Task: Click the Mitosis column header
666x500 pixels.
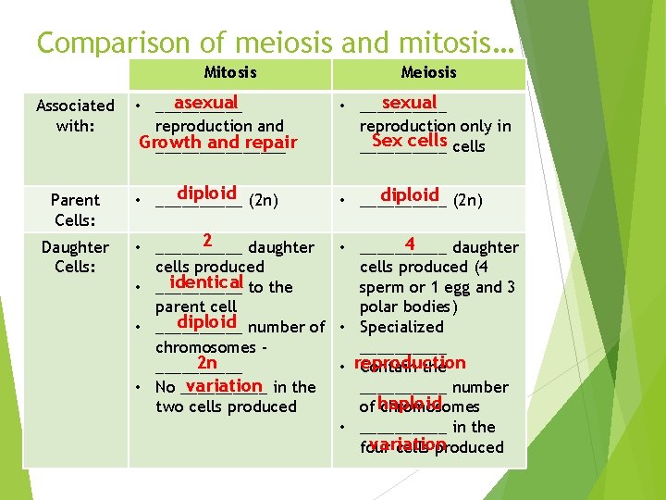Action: point(229,72)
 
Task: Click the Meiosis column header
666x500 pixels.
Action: point(428,72)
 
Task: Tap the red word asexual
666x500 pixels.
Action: point(206,103)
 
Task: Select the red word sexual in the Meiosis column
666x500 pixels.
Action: point(408,103)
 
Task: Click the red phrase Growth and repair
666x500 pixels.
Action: point(217,143)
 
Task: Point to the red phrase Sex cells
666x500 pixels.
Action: point(409,141)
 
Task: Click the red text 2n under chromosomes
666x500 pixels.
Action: point(206,365)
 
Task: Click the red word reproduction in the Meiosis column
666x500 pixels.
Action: point(409,364)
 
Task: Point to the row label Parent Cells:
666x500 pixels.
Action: point(75,209)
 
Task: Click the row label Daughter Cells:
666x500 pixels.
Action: point(75,256)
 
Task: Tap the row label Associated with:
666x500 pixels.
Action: point(75,116)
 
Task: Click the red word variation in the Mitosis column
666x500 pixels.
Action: point(223,385)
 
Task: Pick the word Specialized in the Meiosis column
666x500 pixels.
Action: point(401,327)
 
